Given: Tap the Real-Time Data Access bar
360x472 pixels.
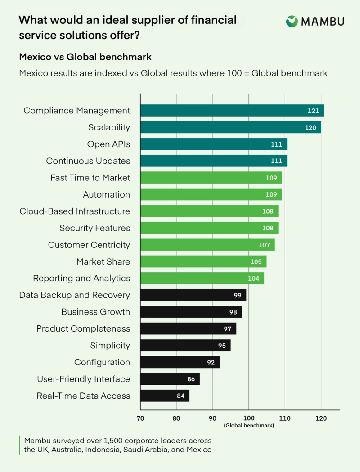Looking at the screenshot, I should point(165,396).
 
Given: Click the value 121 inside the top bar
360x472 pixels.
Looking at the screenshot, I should point(313,111).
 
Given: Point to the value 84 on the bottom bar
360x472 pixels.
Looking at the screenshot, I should point(180,396).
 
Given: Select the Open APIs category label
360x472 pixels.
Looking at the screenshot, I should point(108,144).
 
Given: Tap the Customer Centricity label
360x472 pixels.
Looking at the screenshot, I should point(89,245).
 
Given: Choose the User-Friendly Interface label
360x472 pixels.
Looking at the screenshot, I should point(83,379).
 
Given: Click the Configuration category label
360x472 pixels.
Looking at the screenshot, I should point(102,362).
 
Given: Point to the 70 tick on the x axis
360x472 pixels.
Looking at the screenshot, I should point(140,418).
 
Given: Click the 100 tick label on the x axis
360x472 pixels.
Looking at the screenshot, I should point(249,418).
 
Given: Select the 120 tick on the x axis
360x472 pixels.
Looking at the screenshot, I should point(321,418).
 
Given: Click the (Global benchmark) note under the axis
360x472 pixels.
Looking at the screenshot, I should point(249,426).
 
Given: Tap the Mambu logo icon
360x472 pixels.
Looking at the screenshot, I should point(292,21).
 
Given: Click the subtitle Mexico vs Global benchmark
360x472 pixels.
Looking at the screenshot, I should point(85,57).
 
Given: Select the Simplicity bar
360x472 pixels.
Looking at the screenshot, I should point(185,346).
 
